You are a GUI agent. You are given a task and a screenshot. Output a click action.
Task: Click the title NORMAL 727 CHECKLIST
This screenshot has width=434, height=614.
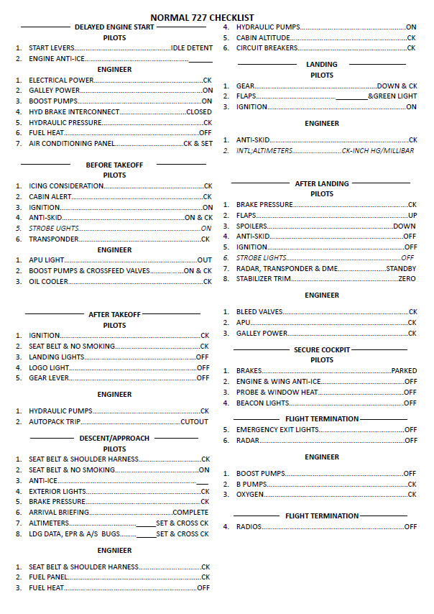[202, 17]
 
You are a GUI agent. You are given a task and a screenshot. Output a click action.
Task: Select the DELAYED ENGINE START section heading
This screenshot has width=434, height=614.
[114, 27]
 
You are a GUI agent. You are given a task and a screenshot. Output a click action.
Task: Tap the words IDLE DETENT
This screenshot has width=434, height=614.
[192, 48]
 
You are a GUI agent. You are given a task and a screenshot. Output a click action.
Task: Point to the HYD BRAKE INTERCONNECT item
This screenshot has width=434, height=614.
[74, 112]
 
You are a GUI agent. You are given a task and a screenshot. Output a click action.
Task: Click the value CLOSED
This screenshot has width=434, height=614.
[199, 112]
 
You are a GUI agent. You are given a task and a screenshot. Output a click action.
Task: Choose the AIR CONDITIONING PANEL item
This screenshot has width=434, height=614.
[72, 144]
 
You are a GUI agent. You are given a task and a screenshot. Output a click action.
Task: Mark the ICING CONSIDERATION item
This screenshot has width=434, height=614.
[66, 186]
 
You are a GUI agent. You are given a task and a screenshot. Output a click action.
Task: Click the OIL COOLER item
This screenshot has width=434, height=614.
[49, 282]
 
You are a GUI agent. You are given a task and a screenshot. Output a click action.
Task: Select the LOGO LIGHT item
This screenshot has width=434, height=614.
[49, 367]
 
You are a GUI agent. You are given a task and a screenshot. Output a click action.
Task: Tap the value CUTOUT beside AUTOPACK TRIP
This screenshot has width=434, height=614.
[194, 422]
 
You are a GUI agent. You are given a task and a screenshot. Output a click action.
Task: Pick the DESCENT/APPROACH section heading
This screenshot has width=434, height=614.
[115, 439]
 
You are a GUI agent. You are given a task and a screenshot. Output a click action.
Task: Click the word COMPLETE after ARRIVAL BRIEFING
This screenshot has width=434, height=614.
[191, 513]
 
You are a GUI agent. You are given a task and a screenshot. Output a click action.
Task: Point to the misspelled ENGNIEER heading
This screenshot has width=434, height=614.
[115, 551]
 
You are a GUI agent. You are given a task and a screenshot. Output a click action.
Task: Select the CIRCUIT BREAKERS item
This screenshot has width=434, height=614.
[267, 48]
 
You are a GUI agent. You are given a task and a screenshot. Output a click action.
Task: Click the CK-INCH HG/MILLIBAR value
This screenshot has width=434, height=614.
[378, 151]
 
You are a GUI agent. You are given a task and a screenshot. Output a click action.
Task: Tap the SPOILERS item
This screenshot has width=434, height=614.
[251, 226]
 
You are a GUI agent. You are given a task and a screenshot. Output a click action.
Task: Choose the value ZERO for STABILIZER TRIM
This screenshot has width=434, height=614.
[407, 279]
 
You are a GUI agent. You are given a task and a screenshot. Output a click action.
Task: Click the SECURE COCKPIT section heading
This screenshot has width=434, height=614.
[322, 350]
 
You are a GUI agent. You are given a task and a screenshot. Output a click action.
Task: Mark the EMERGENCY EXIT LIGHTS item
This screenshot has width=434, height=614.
[277, 430]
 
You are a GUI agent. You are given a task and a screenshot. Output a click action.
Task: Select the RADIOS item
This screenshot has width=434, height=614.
[249, 527]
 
